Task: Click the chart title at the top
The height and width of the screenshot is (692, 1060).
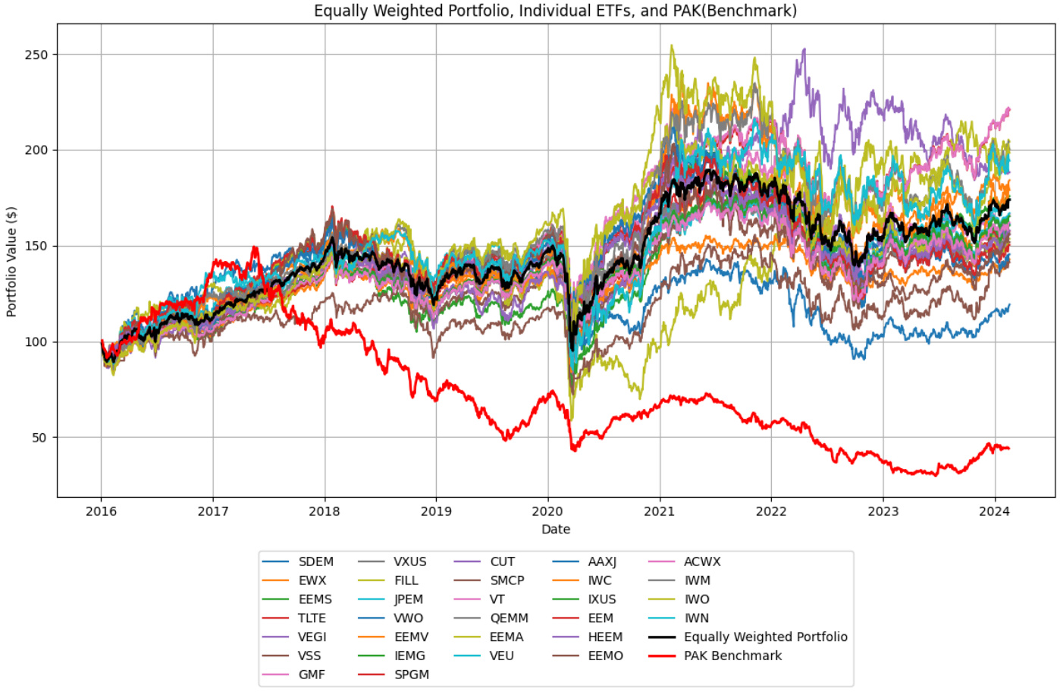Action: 555,11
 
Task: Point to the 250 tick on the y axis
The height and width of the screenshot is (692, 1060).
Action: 36,55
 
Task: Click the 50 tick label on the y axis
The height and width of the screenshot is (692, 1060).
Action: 39,438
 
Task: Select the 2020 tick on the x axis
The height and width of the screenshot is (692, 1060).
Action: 547,511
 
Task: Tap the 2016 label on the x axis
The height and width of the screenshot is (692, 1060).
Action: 101,511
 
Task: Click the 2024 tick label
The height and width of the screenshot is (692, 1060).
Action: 994,511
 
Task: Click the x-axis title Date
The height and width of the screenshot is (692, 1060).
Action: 555,530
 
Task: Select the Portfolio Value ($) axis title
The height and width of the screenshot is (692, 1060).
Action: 11,261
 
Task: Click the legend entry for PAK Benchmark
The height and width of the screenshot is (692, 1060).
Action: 732,656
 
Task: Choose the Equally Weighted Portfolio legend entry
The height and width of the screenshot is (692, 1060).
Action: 765,637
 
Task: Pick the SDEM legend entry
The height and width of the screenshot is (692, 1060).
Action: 315,561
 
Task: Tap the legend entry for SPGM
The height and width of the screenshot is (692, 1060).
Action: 411,675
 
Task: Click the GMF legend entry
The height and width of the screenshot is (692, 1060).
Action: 311,675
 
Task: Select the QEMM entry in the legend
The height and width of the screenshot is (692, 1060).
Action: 509,618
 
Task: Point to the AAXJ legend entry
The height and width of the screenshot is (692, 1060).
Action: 602,561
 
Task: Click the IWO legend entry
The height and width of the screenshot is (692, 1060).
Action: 697,599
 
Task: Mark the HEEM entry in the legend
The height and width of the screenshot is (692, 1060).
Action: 605,637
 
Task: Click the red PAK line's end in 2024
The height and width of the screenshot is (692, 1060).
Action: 1009,448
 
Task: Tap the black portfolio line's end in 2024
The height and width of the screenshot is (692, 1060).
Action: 1009,200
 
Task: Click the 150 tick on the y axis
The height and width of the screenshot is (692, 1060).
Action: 36,246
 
